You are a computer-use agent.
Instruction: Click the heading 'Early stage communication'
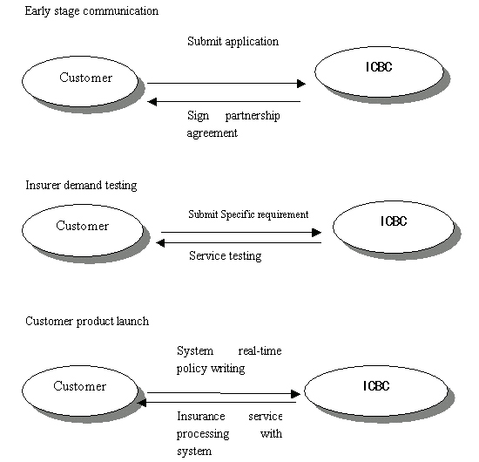91,11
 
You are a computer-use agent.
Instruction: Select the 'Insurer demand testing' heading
81,186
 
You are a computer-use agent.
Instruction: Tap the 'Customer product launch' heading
87,322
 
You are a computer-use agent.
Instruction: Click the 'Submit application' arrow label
233,42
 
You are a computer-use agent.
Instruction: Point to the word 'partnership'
253,116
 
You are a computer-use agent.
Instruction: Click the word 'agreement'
212,133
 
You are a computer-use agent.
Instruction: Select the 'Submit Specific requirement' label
248,214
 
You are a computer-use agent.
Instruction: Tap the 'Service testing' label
226,255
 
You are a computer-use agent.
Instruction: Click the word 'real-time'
260,350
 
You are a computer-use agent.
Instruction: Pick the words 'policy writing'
211,369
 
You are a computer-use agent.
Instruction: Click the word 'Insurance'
201,416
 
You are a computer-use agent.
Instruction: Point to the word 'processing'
203,434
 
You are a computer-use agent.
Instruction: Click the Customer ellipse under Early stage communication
80,81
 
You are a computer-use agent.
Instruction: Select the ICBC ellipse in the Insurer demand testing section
394,227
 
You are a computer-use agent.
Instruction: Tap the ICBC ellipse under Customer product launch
376,391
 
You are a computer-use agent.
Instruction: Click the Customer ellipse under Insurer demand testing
83,230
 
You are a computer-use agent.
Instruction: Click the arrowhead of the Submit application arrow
301,84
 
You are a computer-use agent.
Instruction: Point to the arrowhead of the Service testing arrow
160,243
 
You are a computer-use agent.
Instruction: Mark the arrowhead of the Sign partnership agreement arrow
152,102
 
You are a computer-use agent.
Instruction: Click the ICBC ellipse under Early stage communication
379,71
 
